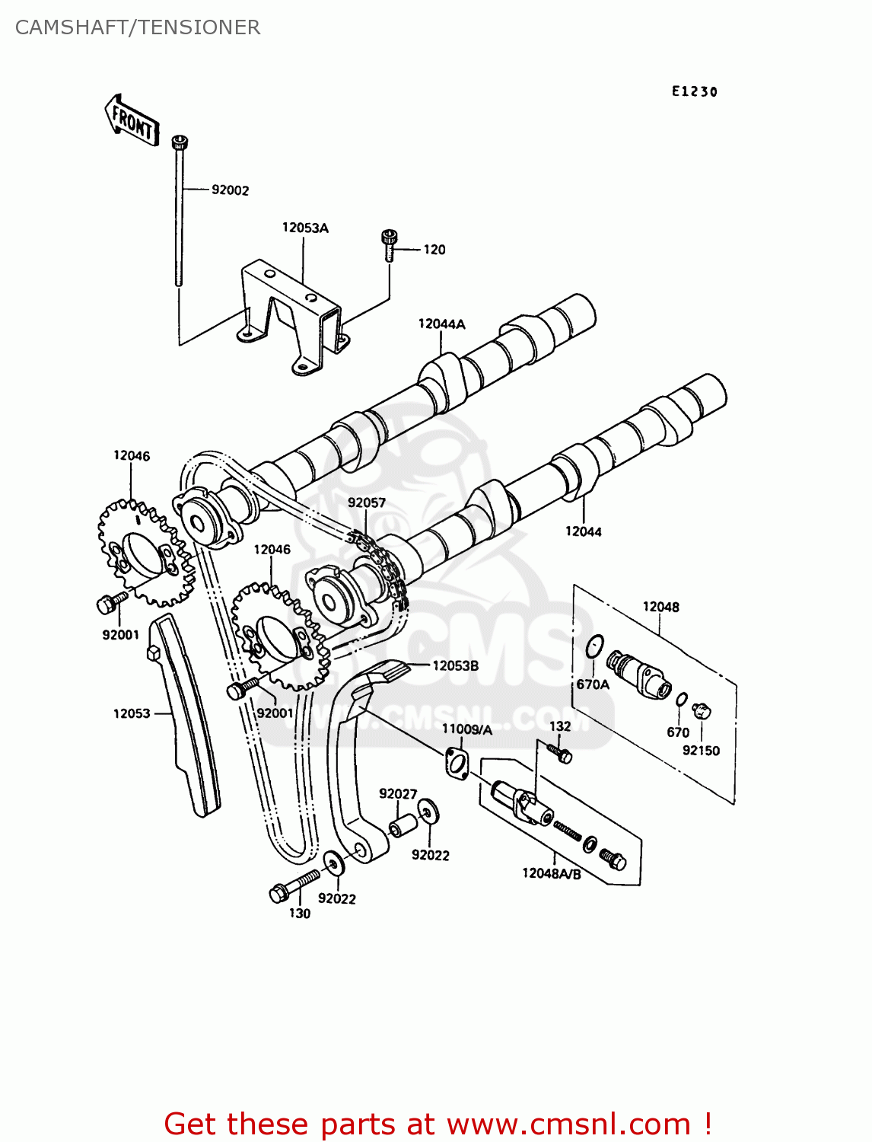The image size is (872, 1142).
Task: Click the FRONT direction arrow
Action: (x=132, y=120)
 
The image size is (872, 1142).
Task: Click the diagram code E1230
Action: (x=694, y=91)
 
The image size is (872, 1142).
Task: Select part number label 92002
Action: (x=230, y=190)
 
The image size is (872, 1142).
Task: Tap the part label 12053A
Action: (x=305, y=228)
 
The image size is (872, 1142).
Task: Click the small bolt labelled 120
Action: (x=390, y=244)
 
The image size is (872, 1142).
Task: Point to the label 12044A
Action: (x=441, y=324)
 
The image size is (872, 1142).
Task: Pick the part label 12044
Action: (x=583, y=531)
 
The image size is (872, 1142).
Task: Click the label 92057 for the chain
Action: (x=367, y=502)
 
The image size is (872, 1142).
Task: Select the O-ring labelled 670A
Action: (x=596, y=646)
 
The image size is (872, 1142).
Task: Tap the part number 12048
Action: (x=660, y=607)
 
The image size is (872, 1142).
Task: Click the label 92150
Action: (x=701, y=750)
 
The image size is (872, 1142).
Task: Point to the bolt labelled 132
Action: (x=562, y=754)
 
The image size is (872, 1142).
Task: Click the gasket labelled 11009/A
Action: (x=457, y=763)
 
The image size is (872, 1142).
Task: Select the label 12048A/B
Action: (x=551, y=873)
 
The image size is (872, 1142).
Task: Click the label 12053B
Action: (x=455, y=665)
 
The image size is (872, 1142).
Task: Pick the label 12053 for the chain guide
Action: (x=132, y=713)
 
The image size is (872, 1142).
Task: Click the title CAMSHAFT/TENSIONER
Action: (x=138, y=27)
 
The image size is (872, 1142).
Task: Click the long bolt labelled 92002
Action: (x=180, y=213)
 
